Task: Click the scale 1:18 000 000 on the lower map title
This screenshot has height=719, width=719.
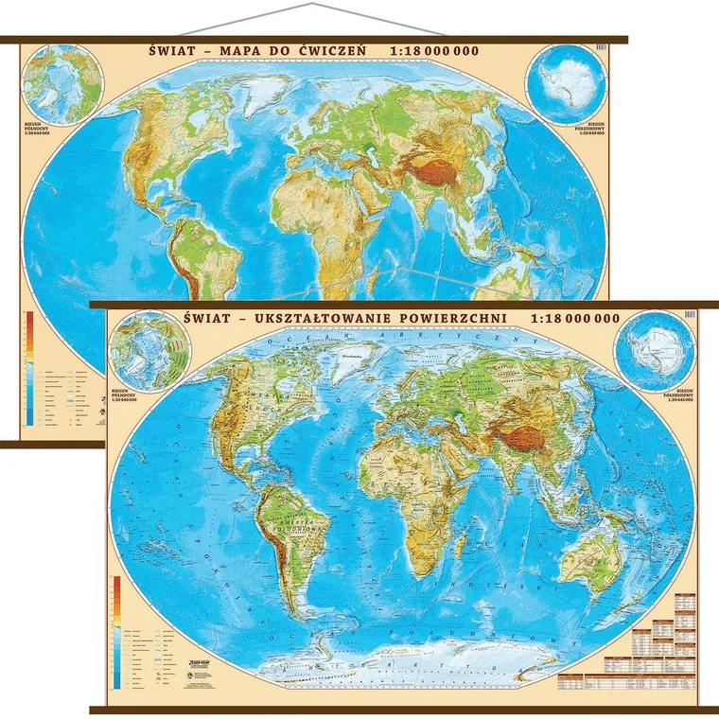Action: click(x=579, y=318)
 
